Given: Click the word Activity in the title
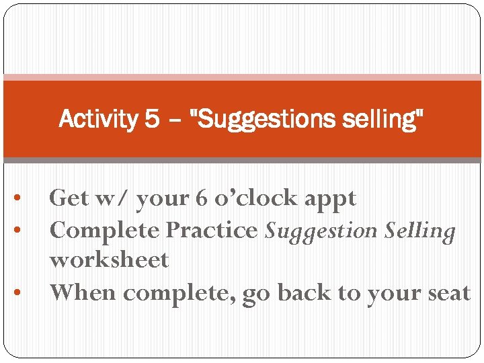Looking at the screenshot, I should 97,120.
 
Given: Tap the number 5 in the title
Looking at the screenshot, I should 152,120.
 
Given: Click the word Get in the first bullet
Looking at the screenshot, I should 69,198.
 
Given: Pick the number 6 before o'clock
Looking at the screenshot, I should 200,198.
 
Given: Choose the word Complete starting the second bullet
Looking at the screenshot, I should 105,231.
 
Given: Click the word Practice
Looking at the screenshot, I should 212,230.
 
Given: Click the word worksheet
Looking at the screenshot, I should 109,259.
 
